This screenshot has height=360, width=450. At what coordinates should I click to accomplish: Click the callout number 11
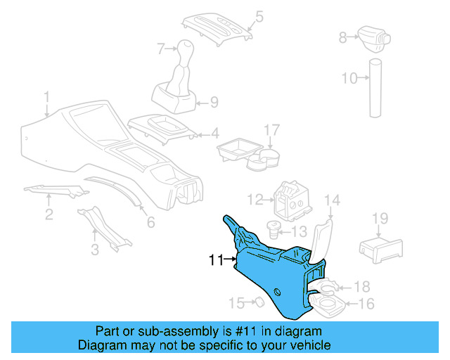pyautogui.click(x=217, y=260)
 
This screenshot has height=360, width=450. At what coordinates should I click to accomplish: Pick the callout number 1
pyautogui.click(x=46, y=96)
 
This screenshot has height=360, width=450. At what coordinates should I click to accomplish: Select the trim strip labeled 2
pyautogui.click(x=56, y=191)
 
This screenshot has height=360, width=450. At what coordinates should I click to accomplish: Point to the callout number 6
pyautogui.click(x=150, y=223)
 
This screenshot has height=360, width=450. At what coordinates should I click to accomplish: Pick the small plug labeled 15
pyautogui.click(x=257, y=302)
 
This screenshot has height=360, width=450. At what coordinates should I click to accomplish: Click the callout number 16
pyautogui.click(x=366, y=304)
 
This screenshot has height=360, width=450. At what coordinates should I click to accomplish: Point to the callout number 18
pyautogui.click(x=361, y=286)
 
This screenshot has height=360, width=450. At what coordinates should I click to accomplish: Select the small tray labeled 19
pyautogui.click(x=380, y=247)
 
